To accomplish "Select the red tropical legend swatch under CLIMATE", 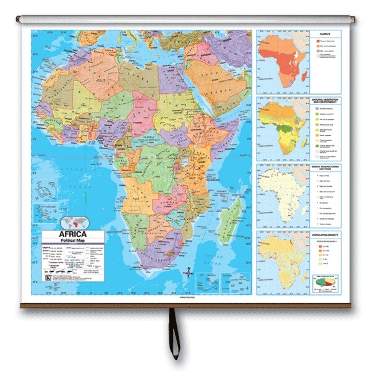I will click(320, 41).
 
